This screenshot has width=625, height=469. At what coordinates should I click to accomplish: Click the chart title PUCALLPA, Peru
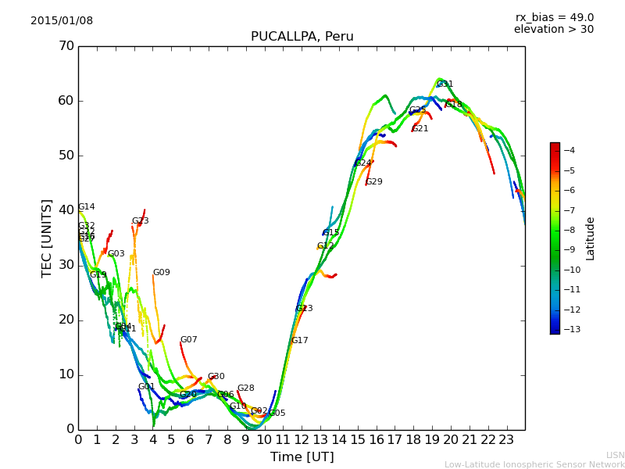[302, 37]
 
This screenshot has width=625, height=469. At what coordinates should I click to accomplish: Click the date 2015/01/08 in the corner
[62, 21]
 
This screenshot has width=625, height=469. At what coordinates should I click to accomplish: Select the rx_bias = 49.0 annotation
[554, 18]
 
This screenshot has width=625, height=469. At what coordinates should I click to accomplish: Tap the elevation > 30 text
[553, 30]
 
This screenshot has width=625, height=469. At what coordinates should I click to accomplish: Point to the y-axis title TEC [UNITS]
[47, 238]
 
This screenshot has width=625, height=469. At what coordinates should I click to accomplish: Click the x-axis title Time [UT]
[302, 456]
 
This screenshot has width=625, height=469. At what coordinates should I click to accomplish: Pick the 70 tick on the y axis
[66, 46]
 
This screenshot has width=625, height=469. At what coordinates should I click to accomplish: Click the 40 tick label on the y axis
[66, 210]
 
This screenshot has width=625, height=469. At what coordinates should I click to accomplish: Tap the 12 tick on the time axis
[302, 439]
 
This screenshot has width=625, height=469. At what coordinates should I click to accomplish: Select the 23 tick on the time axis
[506, 439]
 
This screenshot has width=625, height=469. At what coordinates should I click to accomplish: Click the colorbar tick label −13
[570, 329]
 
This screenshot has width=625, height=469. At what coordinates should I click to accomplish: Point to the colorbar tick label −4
[570, 150]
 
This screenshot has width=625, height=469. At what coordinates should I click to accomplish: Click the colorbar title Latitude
[591, 238]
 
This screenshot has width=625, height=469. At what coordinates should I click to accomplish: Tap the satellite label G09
[161, 273]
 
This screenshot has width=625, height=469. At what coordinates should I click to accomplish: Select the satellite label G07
[188, 340]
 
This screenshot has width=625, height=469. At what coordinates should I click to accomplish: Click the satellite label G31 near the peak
[445, 84]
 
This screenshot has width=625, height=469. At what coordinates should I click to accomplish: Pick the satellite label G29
[374, 182]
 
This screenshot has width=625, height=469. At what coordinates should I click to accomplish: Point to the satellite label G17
[299, 341]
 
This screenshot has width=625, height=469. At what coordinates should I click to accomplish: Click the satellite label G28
[245, 388]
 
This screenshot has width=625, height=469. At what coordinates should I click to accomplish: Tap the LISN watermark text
[615, 455]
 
